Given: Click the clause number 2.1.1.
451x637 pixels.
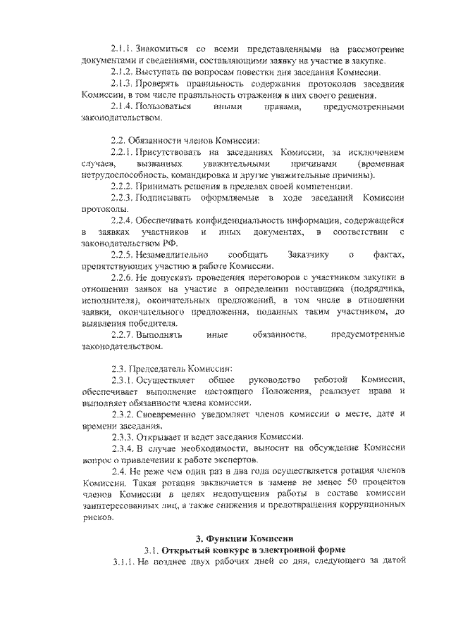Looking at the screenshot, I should (x=123, y=49).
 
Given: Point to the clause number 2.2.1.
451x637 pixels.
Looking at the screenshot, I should (x=123, y=153).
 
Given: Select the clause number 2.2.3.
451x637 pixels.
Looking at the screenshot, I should (x=123, y=198).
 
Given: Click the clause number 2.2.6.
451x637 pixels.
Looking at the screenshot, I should (x=123, y=278).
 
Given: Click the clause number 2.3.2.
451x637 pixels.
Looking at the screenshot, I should (x=123, y=414).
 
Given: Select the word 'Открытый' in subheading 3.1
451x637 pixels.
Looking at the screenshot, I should (x=185, y=551).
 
